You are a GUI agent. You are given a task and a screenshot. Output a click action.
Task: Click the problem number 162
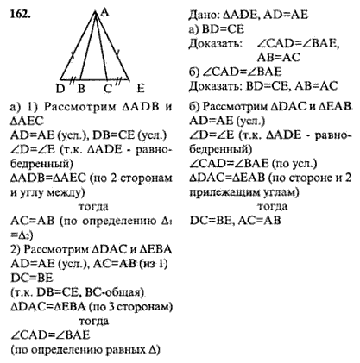(x=20, y=14)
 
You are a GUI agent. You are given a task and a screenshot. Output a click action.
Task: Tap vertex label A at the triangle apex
(x=104, y=12)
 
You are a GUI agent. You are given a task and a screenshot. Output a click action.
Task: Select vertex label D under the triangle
(x=60, y=89)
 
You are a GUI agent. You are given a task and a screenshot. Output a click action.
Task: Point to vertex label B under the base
(x=81, y=89)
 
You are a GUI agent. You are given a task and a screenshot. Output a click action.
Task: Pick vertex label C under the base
(x=108, y=89)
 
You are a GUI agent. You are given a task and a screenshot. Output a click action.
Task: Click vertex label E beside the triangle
(x=141, y=89)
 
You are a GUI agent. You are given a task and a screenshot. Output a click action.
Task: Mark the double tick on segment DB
(x=73, y=79)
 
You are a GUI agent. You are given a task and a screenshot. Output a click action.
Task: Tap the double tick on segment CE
(x=118, y=80)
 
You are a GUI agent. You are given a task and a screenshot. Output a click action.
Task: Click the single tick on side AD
(x=73, y=55)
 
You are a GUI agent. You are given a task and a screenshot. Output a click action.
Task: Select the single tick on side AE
(x=117, y=53)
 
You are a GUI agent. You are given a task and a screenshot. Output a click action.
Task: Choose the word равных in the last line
(x=126, y=350)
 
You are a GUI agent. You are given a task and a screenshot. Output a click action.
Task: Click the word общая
(x=126, y=292)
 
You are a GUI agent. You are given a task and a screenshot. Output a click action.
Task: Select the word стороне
(x=307, y=178)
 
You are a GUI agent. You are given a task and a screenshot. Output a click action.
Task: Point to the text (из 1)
(x=154, y=264)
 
